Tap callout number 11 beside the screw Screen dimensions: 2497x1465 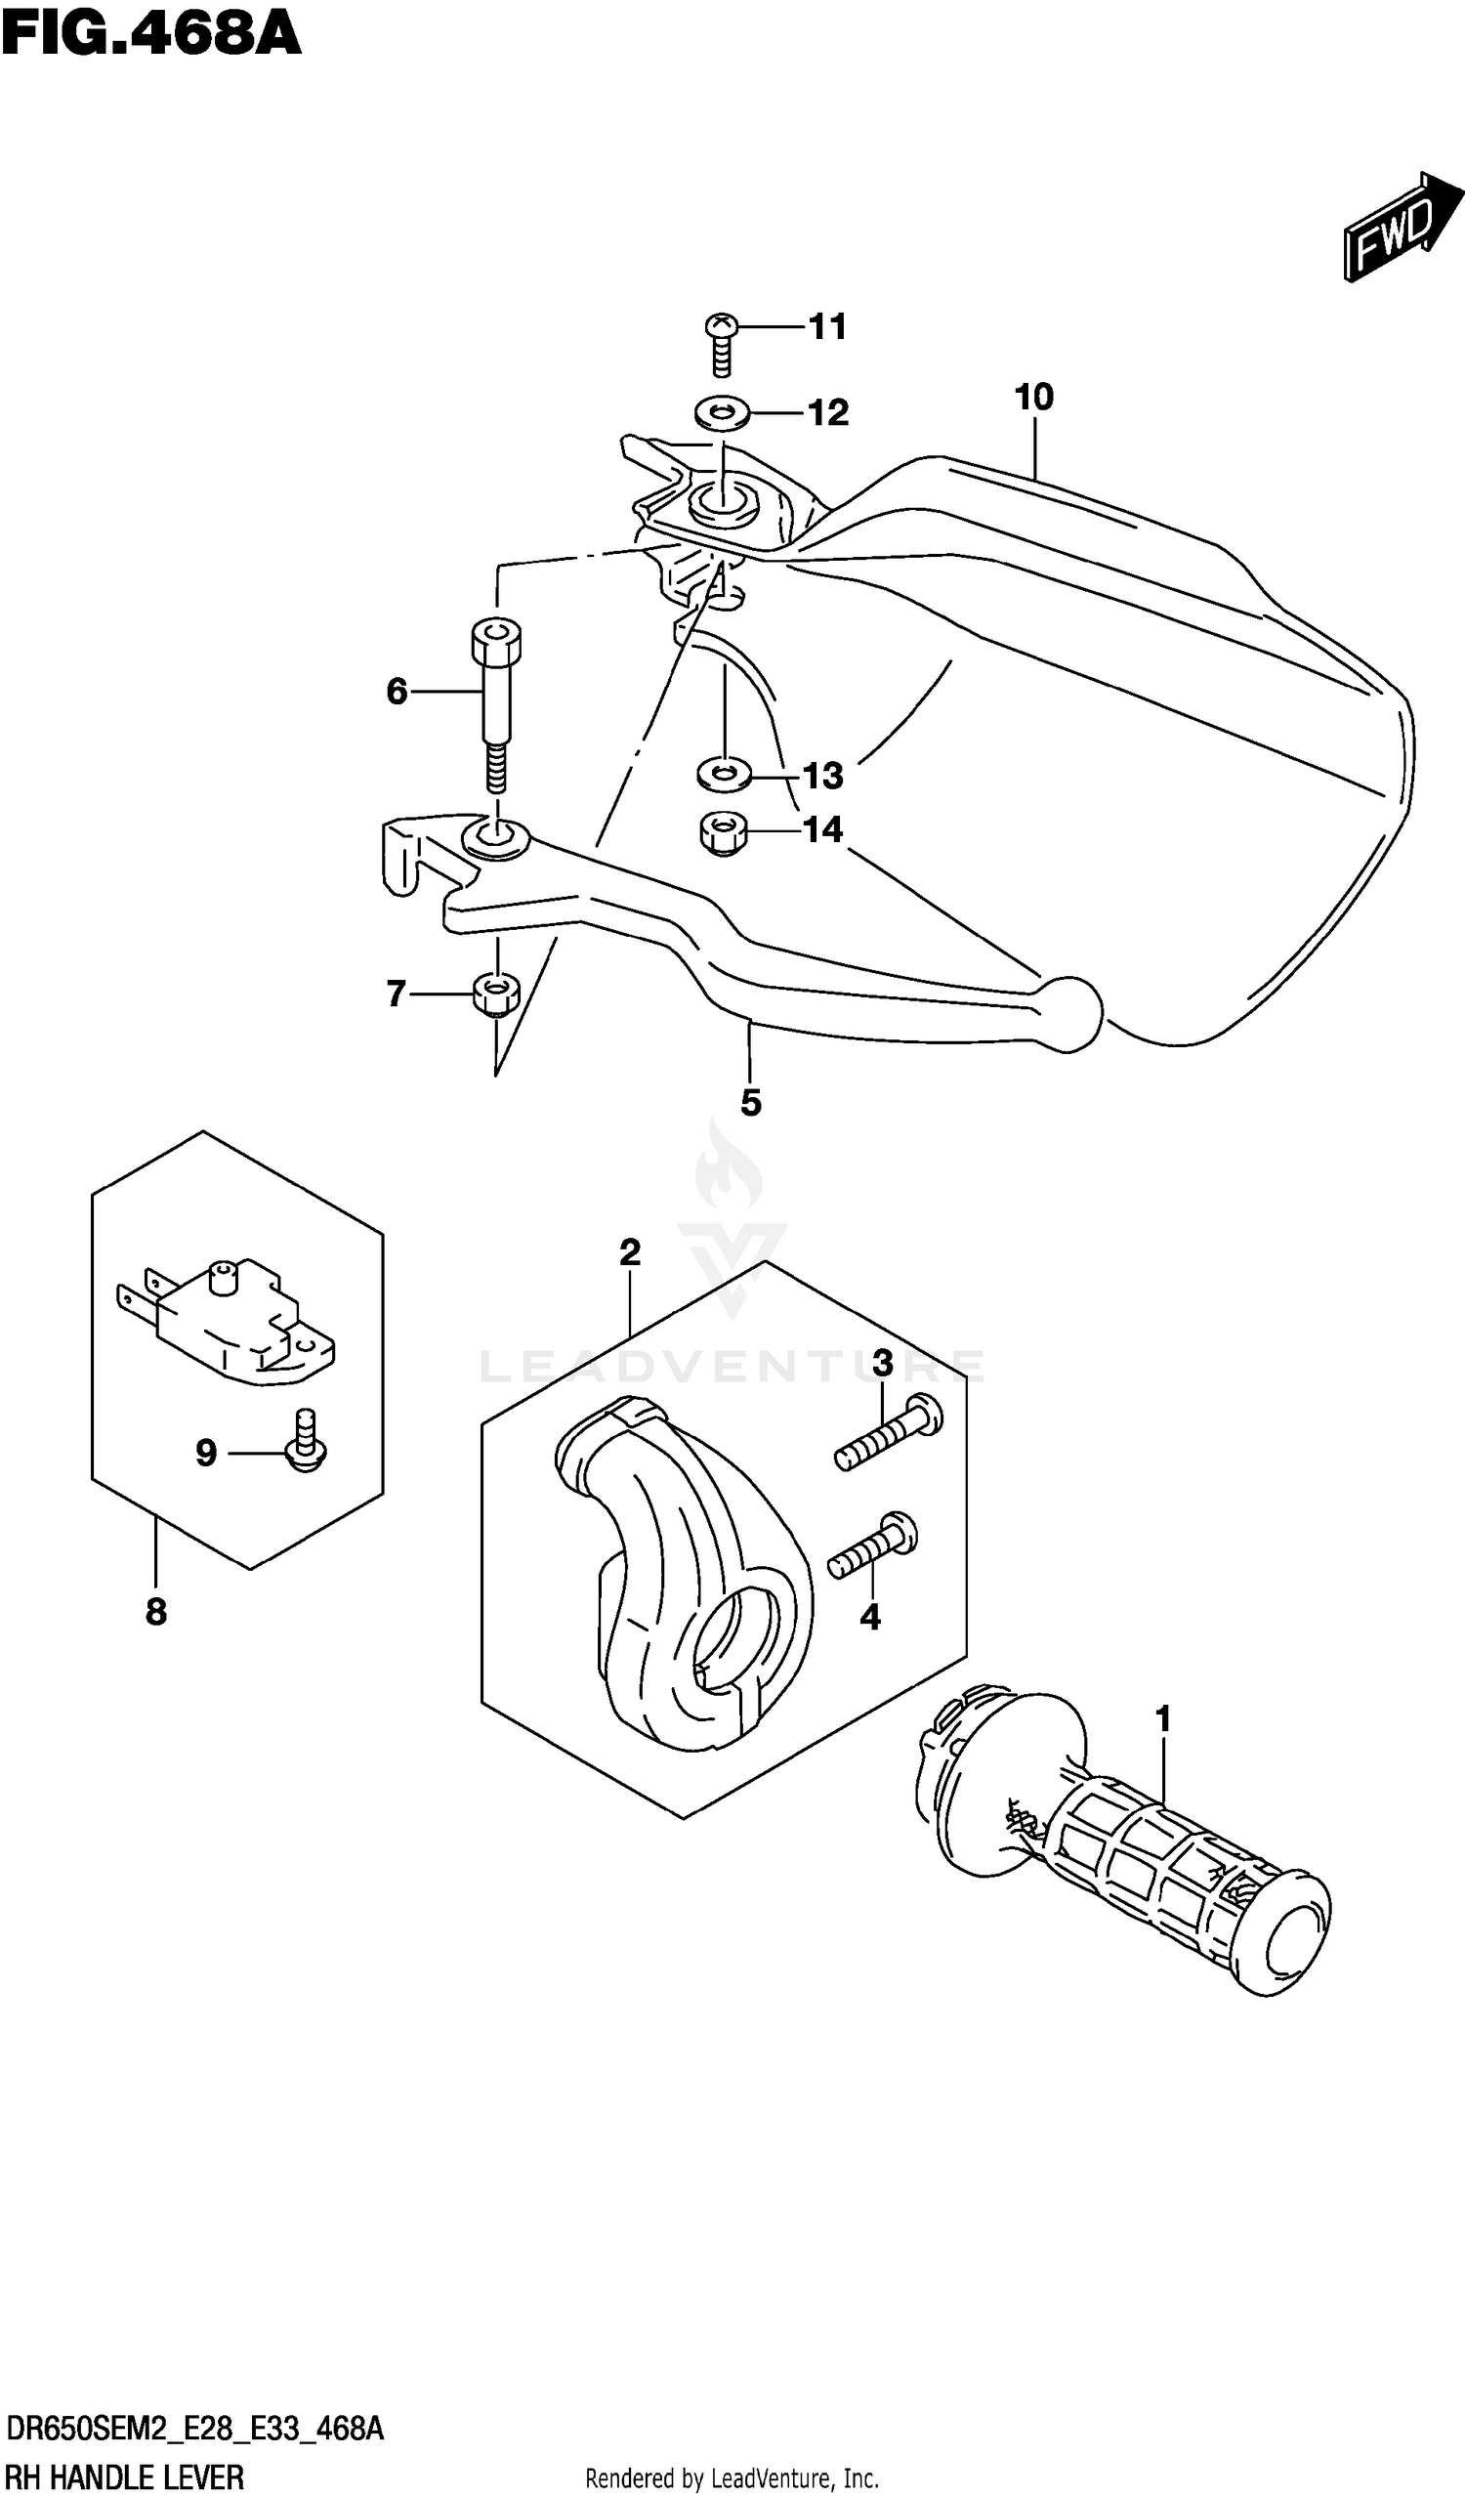coord(828,327)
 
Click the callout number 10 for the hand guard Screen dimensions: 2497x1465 coord(1034,398)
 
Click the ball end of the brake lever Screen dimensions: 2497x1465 coord(1069,1013)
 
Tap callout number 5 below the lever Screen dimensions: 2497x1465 coord(751,1103)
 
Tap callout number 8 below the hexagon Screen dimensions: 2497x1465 coord(156,1613)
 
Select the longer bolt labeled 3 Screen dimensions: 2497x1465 coord(888,1429)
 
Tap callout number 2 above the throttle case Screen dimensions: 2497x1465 coord(630,1252)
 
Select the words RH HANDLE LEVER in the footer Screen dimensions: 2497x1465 coord(125,2477)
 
